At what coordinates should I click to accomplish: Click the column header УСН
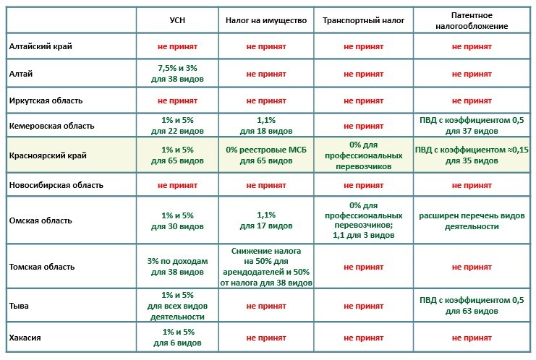pos(177,20)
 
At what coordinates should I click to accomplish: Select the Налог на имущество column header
pos(267,20)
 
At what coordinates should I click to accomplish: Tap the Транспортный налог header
pos(364,20)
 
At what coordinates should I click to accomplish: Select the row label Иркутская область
pos(46,100)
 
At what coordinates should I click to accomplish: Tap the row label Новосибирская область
pos(56,185)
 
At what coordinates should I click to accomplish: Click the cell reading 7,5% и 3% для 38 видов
pos(177,73)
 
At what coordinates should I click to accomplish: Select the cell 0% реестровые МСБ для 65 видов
pos(267,155)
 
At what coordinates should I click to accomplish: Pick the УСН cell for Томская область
pos(177,267)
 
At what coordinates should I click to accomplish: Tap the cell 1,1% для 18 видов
pos(267,126)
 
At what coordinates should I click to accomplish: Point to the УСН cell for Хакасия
pos(177,338)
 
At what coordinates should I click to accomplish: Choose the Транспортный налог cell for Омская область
pos(364,220)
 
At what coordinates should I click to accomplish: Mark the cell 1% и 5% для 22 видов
pos(177,126)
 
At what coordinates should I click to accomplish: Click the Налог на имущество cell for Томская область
pos(267,267)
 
